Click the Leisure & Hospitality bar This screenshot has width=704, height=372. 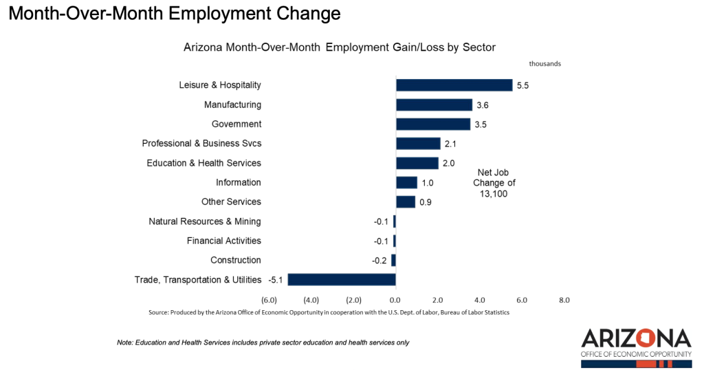click(454, 85)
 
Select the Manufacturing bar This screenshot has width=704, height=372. click(434, 105)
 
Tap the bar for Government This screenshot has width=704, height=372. click(433, 124)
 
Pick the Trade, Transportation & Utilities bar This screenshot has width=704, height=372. click(342, 280)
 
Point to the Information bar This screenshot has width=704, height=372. click(406, 182)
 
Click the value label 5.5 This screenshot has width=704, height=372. click(523, 86)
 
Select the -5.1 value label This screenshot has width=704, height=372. click(276, 280)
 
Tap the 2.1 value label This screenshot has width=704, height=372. click(450, 144)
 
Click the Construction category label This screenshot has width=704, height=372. click(236, 260)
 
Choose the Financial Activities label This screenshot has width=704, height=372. click(224, 241)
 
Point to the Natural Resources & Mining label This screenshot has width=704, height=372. click(205, 221)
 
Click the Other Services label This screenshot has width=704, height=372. click(231, 201)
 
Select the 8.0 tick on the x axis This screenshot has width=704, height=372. click(564, 300)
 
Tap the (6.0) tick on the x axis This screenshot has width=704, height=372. click(269, 300)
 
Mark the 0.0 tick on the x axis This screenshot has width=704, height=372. click(395, 300)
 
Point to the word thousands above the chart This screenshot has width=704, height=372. click(544, 63)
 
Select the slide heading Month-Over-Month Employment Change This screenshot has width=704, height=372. click(175, 13)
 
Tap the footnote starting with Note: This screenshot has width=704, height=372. click(263, 342)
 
